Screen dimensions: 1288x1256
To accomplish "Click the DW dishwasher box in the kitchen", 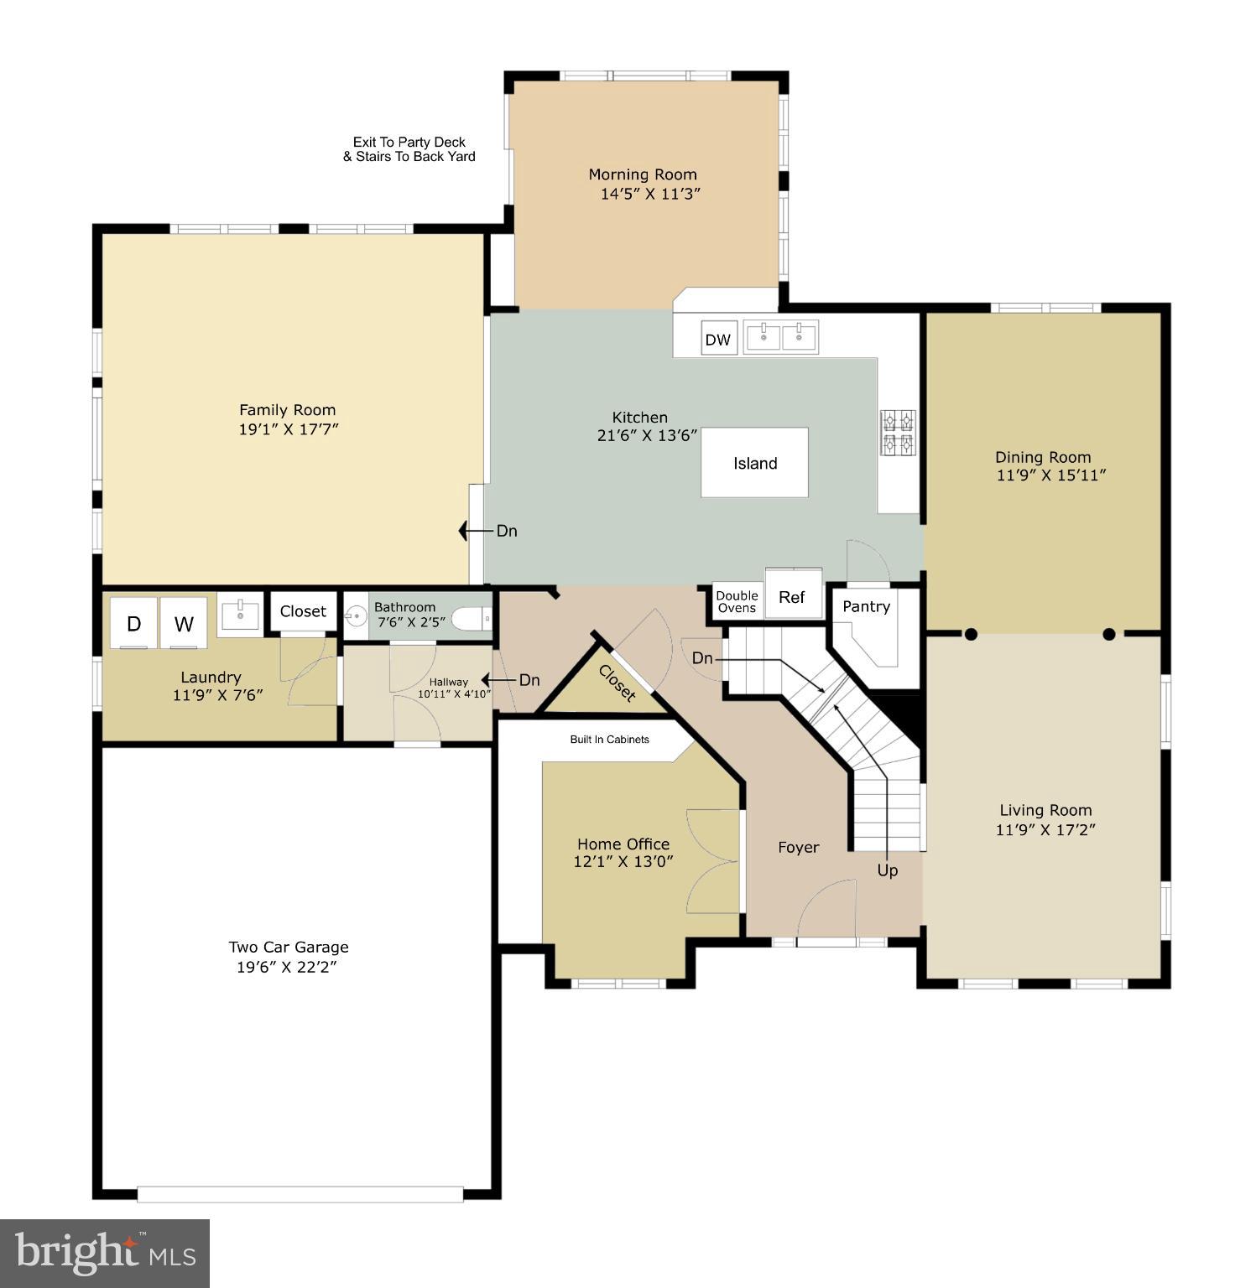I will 718,340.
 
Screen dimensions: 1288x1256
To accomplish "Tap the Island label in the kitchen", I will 754,463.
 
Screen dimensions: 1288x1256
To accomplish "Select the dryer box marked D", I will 133,623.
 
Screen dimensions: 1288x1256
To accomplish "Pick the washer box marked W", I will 184,623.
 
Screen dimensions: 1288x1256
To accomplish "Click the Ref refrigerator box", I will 792,596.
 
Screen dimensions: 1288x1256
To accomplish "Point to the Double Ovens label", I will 737,602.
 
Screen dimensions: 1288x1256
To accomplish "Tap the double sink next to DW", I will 781,337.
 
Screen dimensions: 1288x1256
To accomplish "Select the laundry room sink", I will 240,616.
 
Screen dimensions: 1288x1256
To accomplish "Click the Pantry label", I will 866,606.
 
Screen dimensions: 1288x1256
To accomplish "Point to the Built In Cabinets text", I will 609,740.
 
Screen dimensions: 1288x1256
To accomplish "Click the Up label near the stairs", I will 887,870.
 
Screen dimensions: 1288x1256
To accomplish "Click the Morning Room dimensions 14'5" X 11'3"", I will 649,194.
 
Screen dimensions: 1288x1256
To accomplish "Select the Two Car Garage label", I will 289,947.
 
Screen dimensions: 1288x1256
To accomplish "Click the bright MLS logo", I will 105,1254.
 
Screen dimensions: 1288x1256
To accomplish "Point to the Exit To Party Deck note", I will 409,149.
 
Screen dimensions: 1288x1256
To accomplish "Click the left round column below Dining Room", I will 971,634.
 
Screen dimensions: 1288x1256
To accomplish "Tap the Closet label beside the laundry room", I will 303,611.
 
